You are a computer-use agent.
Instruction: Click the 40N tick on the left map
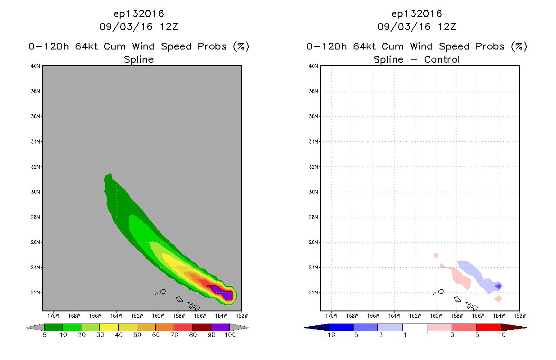35,66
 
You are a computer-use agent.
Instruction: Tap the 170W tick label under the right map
331,316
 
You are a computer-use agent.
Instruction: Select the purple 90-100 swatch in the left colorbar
220,327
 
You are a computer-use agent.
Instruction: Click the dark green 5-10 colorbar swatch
54,327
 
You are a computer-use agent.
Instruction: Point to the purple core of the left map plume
223,292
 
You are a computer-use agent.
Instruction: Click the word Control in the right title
442,59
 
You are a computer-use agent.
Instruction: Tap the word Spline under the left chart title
139,59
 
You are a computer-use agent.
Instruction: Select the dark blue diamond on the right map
499,286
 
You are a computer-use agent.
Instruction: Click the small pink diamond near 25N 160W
436,255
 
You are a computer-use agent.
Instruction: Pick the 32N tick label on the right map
313,167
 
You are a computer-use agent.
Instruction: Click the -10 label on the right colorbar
329,335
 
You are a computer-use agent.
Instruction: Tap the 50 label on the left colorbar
137,335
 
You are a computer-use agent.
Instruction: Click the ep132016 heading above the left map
139,14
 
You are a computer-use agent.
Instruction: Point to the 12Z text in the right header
447,27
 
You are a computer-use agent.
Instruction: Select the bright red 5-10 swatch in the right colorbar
489,327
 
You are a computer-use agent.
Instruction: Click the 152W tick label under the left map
242,316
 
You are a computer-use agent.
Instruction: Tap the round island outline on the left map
163,292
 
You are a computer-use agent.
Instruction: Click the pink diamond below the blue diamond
498,299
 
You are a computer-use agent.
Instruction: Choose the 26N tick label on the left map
35,242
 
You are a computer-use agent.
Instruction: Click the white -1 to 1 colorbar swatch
415,327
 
